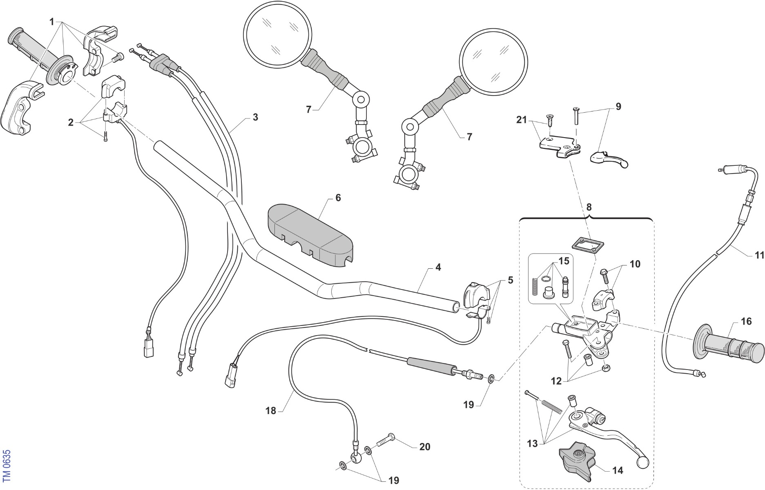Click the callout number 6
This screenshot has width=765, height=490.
point(338,198)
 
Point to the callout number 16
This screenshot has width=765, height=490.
point(746,321)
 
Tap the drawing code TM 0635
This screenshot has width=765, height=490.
point(6,465)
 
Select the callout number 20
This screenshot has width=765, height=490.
point(425,447)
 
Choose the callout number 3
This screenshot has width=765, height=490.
point(255,117)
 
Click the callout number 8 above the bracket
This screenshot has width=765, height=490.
point(589,207)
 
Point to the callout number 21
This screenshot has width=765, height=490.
point(522,120)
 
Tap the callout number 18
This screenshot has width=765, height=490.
point(271,411)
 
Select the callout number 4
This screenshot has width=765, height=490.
point(438,267)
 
